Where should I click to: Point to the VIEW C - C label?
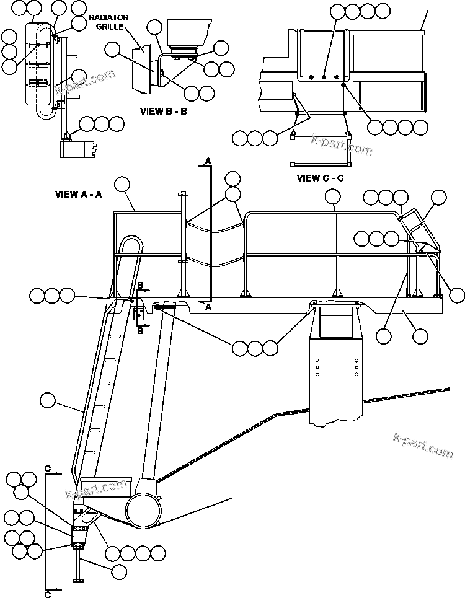320,178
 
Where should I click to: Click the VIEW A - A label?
79,194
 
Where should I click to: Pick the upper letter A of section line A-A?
208,161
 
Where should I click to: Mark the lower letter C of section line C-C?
48,595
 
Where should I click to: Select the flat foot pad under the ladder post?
77,579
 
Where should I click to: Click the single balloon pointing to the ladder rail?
47,401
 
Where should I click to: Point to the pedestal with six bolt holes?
335,372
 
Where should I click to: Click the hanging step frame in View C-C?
320,151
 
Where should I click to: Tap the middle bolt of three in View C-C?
324,77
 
